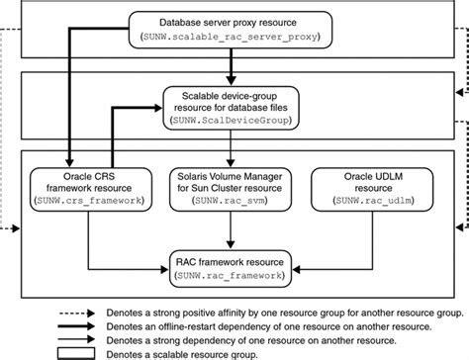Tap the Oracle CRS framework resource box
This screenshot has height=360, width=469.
tap(88, 186)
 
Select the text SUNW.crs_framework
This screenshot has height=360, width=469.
tap(88, 200)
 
